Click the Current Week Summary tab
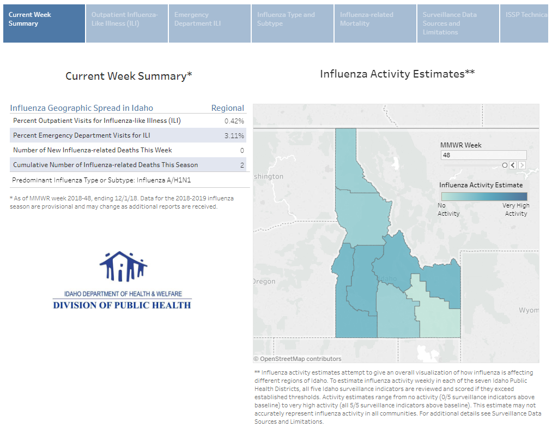[x=44, y=23]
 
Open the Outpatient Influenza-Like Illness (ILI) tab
[x=127, y=23]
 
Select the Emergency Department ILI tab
[x=210, y=23]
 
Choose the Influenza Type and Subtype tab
[x=293, y=23]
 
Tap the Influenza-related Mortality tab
[x=375, y=23]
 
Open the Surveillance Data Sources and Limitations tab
[x=458, y=23]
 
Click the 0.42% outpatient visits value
[x=234, y=121]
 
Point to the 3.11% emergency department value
[x=234, y=135]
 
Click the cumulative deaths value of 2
[x=242, y=165]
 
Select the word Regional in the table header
[x=228, y=108]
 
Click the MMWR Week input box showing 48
[x=483, y=155]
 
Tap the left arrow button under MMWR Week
[x=513, y=165]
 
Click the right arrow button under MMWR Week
[x=522, y=165]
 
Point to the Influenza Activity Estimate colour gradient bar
[x=484, y=197]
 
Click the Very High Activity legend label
[x=515, y=210]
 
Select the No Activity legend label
[x=448, y=210]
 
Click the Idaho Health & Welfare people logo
[x=123, y=267]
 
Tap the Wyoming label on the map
[x=528, y=310]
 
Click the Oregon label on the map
[x=264, y=281]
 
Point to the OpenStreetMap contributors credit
[x=298, y=359]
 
